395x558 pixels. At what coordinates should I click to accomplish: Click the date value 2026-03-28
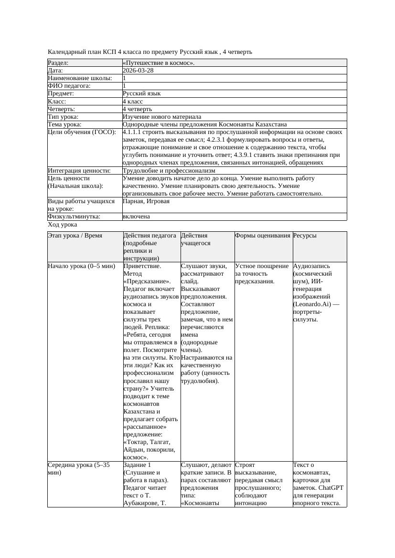[x=138, y=71]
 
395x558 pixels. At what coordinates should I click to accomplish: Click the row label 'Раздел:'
[x=58, y=63]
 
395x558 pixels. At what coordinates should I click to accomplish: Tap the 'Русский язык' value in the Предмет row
[x=142, y=93]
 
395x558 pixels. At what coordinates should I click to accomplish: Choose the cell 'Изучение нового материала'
[x=162, y=117]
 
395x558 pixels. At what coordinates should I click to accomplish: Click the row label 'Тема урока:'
[x=65, y=124]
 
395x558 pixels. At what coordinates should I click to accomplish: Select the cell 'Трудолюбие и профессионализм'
[x=169, y=171]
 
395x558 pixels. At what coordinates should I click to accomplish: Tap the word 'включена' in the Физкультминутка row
[x=136, y=217]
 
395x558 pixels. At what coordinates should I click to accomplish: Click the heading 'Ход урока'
[x=63, y=225]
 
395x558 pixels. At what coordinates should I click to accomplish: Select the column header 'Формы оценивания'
[x=263, y=236]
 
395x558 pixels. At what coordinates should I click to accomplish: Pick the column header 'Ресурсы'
[x=305, y=236]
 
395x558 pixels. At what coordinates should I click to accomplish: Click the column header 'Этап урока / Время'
[x=75, y=236]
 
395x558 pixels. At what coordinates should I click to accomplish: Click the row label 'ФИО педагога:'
[x=69, y=86]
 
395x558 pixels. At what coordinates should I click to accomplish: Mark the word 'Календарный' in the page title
[x=66, y=52]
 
